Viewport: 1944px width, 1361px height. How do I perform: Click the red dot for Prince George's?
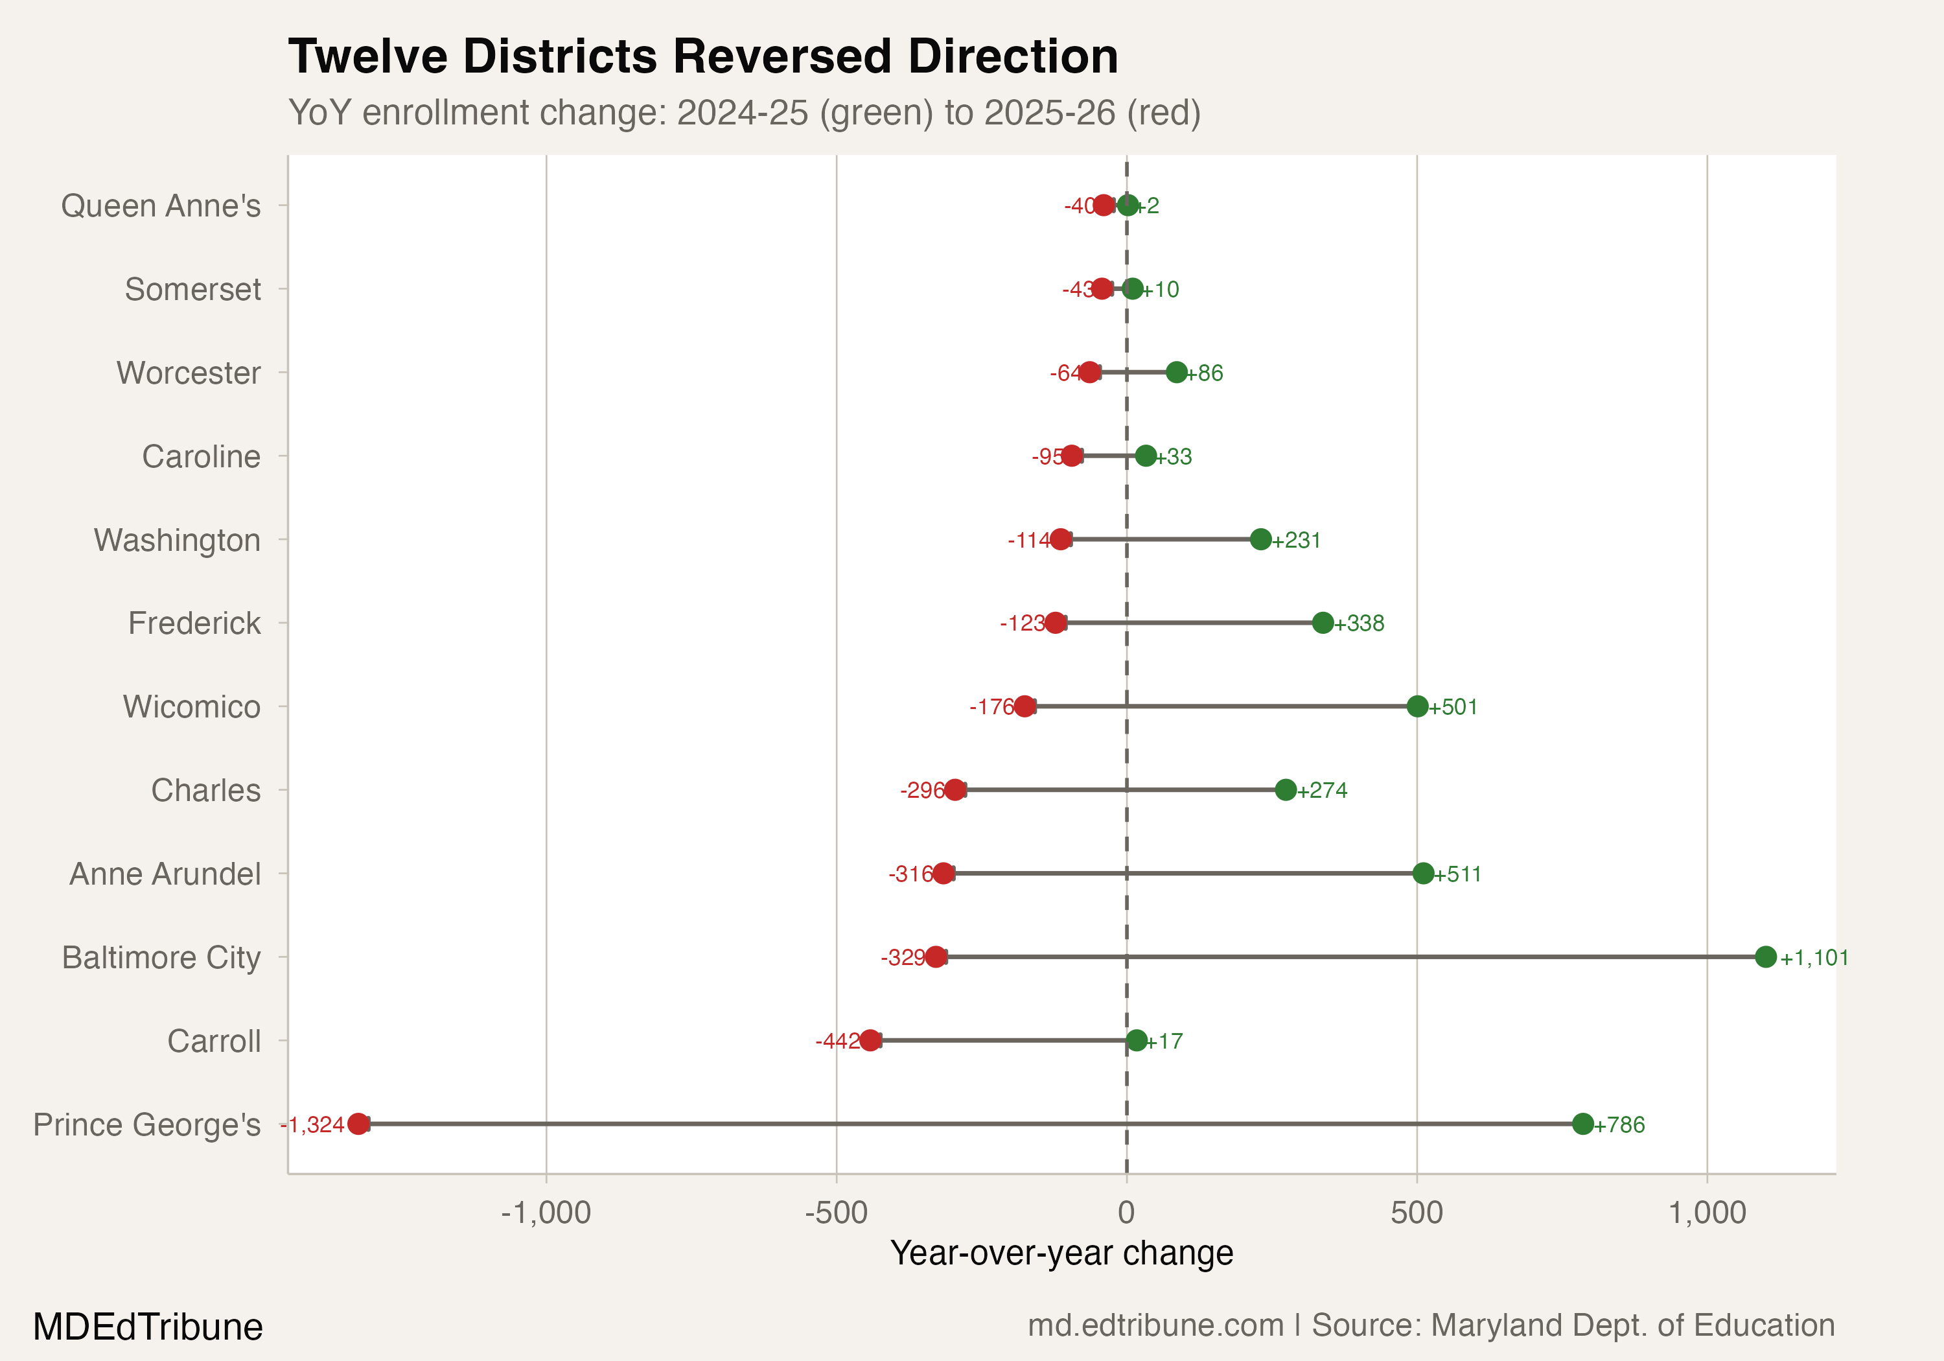[x=358, y=1124]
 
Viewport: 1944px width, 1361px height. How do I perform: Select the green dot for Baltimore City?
[x=1765, y=957]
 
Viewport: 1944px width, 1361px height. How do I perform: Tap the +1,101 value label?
[x=1814, y=958]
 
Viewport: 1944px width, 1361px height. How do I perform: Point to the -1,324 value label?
[x=312, y=1124]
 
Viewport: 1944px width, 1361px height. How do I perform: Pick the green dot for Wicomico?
[x=1417, y=706]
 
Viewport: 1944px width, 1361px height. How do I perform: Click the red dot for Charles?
[x=955, y=790]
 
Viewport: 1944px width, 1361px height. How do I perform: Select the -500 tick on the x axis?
[x=836, y=1213]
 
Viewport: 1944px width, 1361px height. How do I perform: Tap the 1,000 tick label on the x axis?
[x=1707, y=1213]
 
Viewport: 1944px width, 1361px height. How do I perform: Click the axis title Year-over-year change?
[x=1062, y=1253]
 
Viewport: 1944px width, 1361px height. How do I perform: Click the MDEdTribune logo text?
[x=148, y=1326]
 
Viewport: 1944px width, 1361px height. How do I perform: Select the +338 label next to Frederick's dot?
[x=1359, y=623]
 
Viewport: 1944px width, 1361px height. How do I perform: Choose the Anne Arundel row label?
[x=165, y=874]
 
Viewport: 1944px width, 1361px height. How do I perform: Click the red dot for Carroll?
[x=870, y=1041]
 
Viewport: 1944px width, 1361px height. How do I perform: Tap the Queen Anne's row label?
[x=161, y=206]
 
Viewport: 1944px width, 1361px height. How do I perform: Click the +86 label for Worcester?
[x=1204, y=373]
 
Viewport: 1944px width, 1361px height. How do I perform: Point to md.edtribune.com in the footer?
[x=1155, y=1325]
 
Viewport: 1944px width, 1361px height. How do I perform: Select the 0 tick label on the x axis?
[x=1126, y=1213]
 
